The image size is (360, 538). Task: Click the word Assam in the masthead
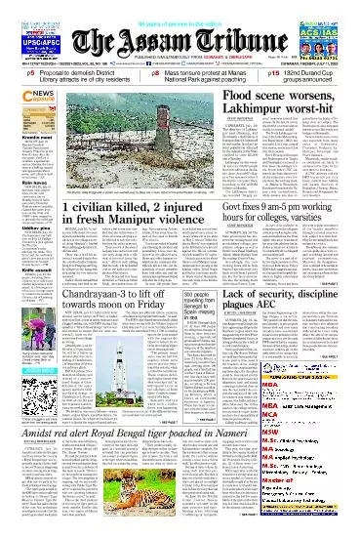pos(145,42)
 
